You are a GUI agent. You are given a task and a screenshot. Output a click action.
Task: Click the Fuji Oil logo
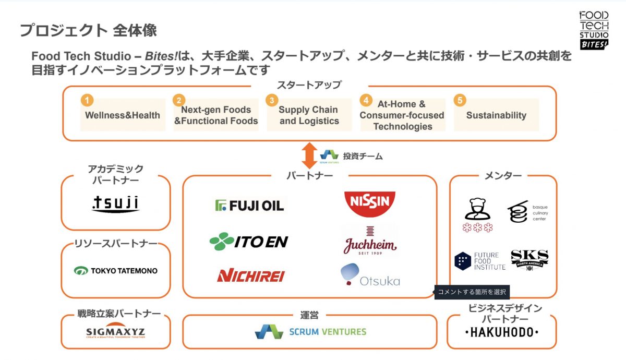pyautogui.click(x=249, y=205)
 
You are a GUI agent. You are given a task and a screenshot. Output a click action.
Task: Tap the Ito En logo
pyautogui.click(x=248, y=241)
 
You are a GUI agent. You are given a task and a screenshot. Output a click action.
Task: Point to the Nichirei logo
pyautogui.click(x=250, y=275)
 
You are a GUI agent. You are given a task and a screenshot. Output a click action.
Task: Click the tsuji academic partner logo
pyautogui.click(x=115, y=203)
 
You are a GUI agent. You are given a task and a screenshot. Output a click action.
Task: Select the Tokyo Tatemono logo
pyautogui.click(x=115, y=271)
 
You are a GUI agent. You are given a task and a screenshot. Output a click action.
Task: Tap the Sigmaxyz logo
pyautogui.click(x=115, y=332)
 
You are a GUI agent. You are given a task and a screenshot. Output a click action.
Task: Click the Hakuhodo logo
pyautogui.click(x=501, y=332)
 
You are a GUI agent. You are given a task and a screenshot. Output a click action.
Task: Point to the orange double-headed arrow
pyautogui.click(x=309, y=155)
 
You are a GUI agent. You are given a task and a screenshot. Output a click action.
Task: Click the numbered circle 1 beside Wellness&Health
pyautogui.click(x=88, y=100)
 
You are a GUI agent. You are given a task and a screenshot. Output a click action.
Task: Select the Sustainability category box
pyautogui.click(x=496, y=115)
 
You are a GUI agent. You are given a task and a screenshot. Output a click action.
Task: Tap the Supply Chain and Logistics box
pyautogui.click(x=308, y=115)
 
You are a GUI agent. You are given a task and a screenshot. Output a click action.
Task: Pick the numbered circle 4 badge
pyautogui.click(x=367, y=100)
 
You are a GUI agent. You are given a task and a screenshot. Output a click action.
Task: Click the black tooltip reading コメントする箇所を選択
pyautogui.click(x=472, y=292)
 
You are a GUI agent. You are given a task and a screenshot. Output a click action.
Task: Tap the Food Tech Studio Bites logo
pyautogui.click(x=594, y=30)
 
